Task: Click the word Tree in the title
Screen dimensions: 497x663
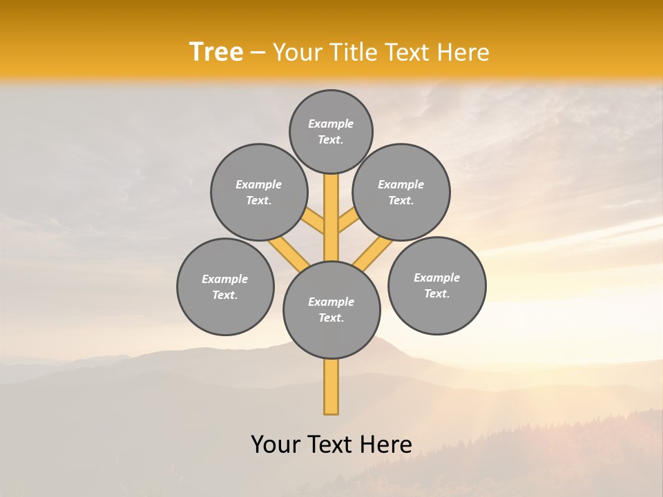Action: (x=216, y=52)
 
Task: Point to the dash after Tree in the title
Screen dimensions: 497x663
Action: (x=258, y=53)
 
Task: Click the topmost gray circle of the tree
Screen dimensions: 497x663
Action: (x=331, y=131)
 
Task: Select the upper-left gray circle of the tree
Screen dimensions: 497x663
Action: (x=259, y=192)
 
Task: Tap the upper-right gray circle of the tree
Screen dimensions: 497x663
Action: (x=401, y=192)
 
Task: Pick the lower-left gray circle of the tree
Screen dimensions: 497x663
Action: (x=225, y=286)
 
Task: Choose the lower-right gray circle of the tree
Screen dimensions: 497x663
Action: (x=436, y=285)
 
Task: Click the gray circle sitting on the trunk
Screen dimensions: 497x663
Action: (x=331, y=310)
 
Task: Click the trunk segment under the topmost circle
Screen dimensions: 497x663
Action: (x=331, y=207)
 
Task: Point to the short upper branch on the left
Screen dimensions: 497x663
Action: (x=314, y=222)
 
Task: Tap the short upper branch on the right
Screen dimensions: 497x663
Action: (x=347, y=222)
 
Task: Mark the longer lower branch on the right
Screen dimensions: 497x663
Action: (x=373, y=254)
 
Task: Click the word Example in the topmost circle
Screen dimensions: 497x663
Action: (x=331, y=124)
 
